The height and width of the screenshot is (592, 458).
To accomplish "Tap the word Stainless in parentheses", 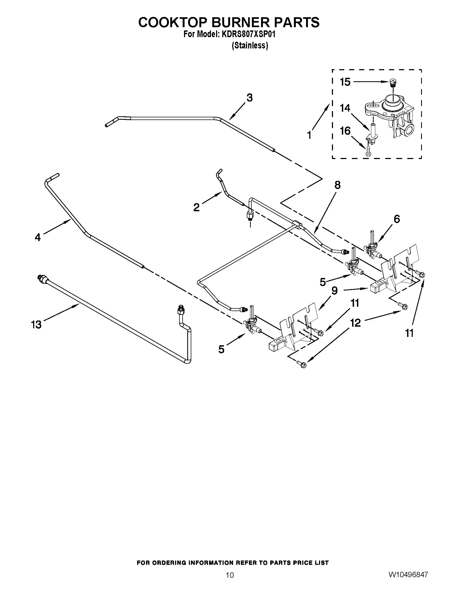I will pyautogui.click(x=250, y=45).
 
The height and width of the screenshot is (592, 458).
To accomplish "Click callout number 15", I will pyautogui.click(x=345, y=82).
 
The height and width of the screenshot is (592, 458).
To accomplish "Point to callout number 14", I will pyautogui.click(x=345, y=108).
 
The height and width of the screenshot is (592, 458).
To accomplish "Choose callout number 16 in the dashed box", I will pyautogui.click(x=345, y=131).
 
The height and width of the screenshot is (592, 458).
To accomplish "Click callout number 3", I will pyautogui.click(x=249, y=98).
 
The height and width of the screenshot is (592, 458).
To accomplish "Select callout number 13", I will pyautogui.click(x=36, y=325).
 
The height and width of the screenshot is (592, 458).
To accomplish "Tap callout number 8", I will pyautogui.click(x=337, y=185).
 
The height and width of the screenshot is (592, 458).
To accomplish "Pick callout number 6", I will pyautogui.click(x=396, y=219).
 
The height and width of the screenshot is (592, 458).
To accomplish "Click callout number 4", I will pyautogui.click(x=38, y=237).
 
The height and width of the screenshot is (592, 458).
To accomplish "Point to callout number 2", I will pyautogui.click(x=196, y=208).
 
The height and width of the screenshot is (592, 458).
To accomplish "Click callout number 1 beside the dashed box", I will pyautogui.click(x=309, y=135).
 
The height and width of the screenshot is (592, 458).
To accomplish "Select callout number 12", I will pyautogui.click(x=355, y=323).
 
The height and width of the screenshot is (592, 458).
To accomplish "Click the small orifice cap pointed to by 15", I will pyautogui.click(x=392, y=82).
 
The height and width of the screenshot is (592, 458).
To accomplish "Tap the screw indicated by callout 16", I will pyautogui.click(x=368, y=151).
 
